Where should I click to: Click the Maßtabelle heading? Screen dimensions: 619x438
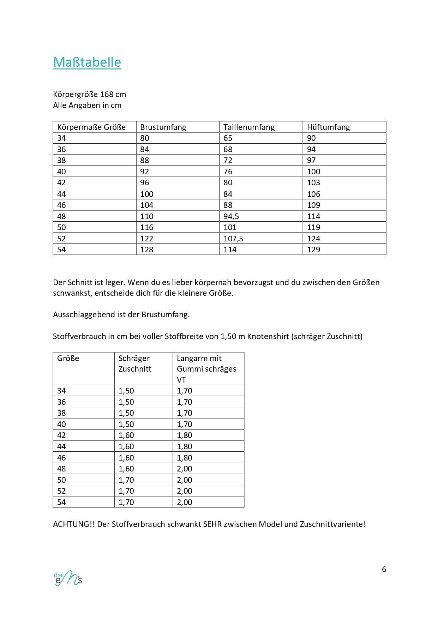87,62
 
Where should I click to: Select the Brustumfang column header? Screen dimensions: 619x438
163,127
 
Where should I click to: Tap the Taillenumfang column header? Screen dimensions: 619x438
249,127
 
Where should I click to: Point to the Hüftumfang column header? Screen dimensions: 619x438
328,127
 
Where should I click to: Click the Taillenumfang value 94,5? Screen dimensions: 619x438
231,216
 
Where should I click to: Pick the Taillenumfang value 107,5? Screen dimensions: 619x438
233,239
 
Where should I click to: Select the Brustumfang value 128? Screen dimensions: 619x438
147,250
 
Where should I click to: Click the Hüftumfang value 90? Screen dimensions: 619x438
311,138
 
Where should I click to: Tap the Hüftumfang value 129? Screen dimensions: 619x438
313,250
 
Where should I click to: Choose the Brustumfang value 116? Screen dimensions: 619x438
147,227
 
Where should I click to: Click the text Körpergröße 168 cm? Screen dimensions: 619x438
89,94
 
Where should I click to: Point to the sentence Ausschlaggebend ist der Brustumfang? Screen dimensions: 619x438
121,314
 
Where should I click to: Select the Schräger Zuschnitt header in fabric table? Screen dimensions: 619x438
134,363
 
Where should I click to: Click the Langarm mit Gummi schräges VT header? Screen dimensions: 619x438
206,369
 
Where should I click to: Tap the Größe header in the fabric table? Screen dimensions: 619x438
68,358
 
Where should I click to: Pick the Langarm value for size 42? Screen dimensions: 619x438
185,435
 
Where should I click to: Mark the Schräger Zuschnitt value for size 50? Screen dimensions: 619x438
126,480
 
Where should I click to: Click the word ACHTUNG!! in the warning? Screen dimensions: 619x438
74,524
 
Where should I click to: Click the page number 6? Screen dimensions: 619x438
384,569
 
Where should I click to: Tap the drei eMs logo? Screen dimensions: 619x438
68,578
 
